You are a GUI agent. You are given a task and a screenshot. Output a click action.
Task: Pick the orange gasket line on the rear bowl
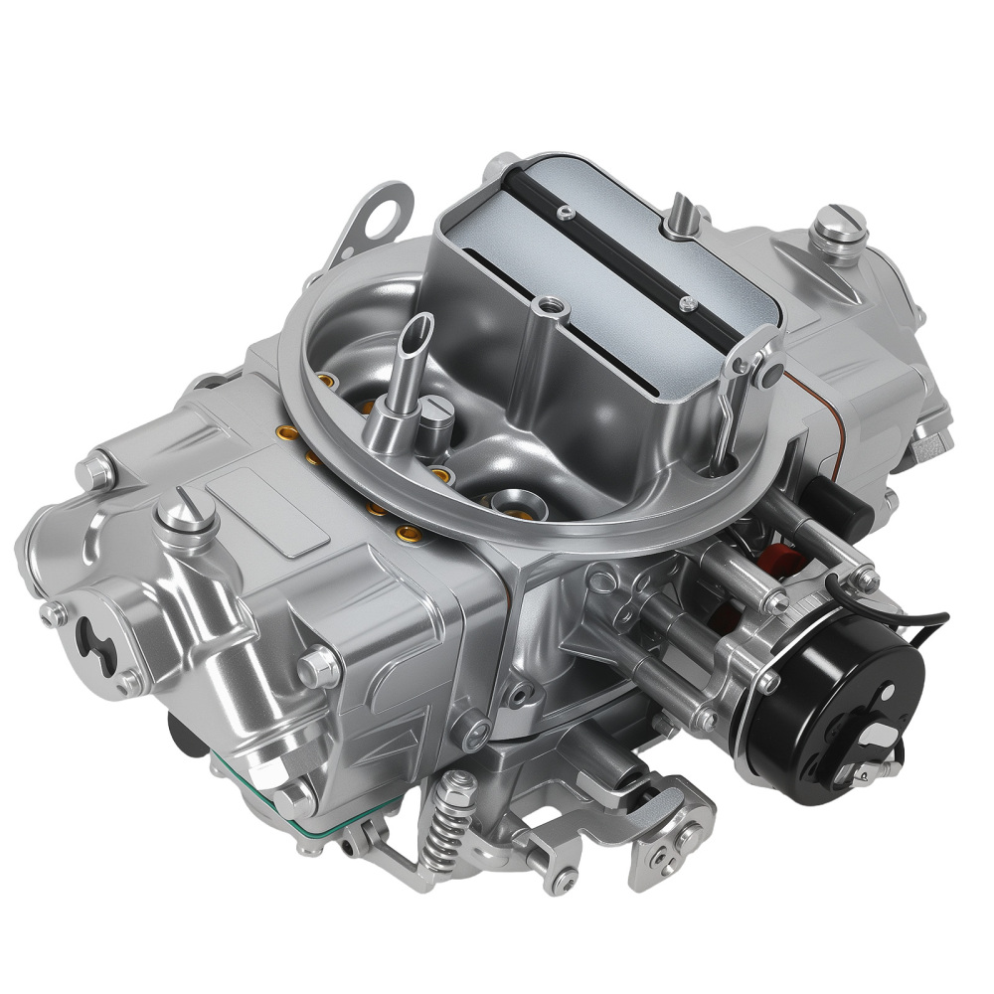coord(830,408)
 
